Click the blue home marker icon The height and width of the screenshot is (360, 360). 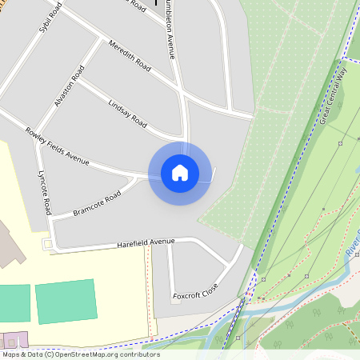[180, 173]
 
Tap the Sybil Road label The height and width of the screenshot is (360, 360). [50, 17]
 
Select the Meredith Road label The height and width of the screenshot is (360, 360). [129, 54]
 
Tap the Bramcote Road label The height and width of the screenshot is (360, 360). [96, 202]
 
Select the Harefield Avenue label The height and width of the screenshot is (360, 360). [146, 242]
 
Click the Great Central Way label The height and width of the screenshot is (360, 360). [334, 94]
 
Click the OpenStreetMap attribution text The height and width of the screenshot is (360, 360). [80, 354]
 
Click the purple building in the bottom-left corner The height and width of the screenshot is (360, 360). [13, 340]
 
